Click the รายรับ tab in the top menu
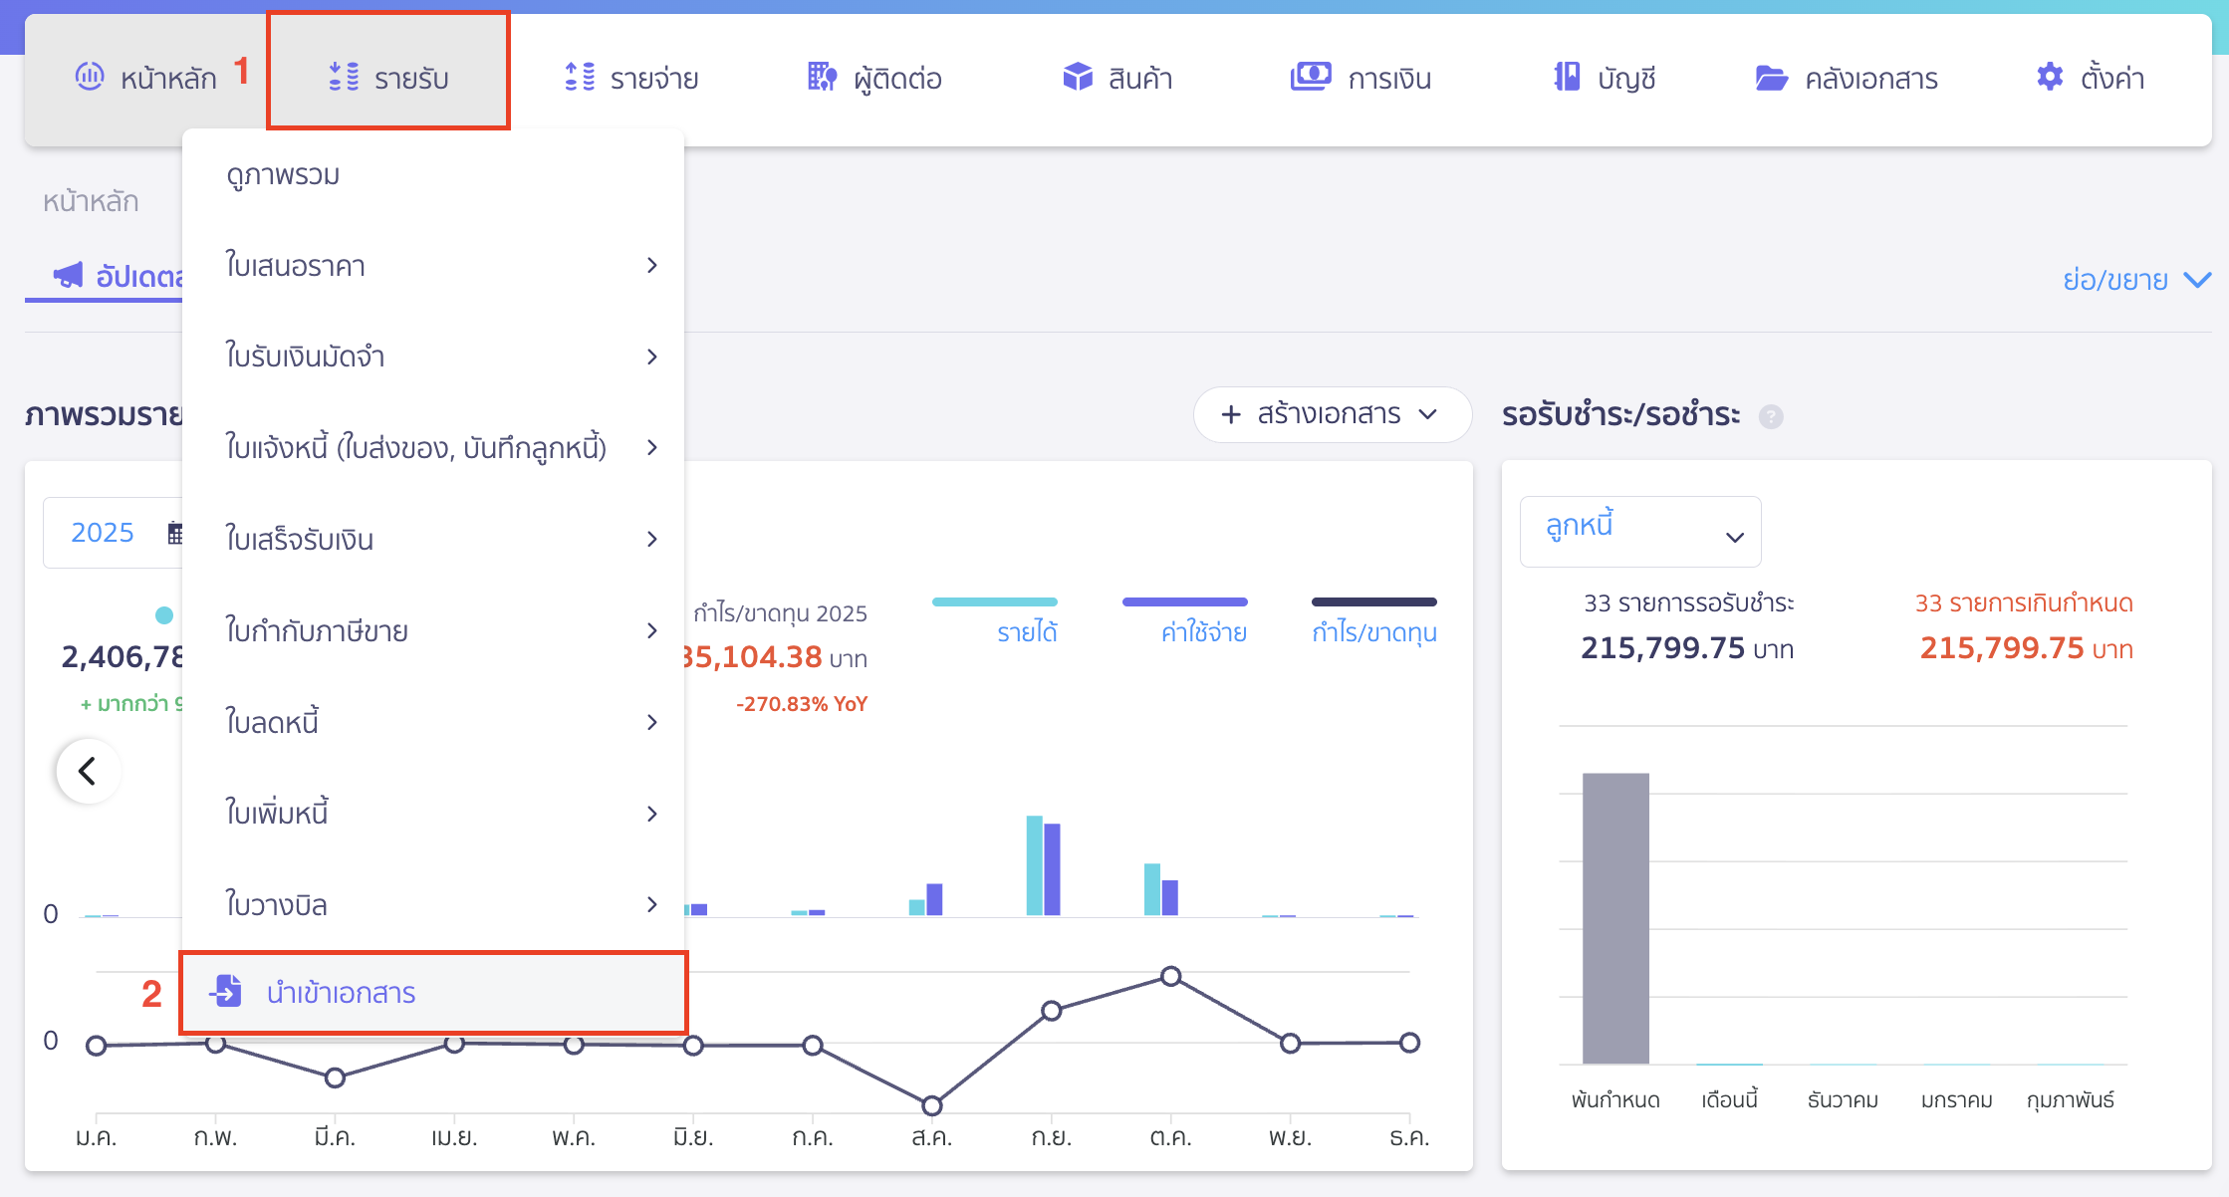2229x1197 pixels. coord(388,77)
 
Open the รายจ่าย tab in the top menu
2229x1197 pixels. coord(631,77)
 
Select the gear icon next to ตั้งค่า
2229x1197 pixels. coord(2049,77)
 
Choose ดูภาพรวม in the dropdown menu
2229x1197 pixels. coord(283,175)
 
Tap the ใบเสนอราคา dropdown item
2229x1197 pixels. coord(295,266)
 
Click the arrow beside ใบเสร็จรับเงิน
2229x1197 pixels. coord(652,539)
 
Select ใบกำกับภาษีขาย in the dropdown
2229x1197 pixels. coord(317,630)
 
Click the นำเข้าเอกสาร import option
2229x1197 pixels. coord(341,993)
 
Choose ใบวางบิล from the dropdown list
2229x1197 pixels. coord(277,905)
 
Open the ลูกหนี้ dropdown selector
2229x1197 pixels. coord(1639,532)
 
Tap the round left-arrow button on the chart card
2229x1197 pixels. coord(89,770)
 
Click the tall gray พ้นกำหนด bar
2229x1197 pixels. coord(1615,916)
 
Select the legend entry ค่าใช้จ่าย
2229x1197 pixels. coord(1203,631)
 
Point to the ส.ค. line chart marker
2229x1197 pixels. coord(932,1105)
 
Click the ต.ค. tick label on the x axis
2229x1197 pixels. coord(1170,1136)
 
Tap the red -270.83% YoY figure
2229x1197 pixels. coord(802,704)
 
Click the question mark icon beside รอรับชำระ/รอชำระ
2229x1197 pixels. coord(1770,416)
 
